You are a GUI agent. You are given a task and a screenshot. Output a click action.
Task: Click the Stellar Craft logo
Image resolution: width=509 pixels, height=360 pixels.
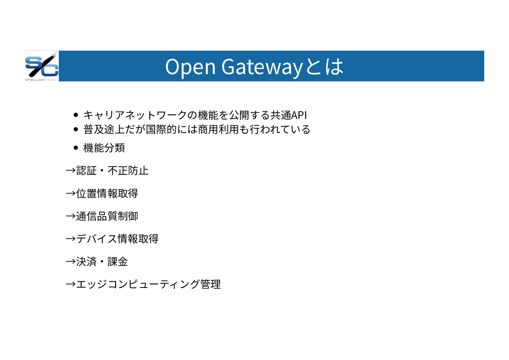pyautogui.click(x=42, y=66)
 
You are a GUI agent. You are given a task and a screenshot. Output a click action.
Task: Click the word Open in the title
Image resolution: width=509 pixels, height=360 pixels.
pyautogui.click(x=190, y=67)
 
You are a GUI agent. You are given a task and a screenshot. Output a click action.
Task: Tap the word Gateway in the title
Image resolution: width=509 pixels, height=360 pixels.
pyautogui.click(x=262, y=67)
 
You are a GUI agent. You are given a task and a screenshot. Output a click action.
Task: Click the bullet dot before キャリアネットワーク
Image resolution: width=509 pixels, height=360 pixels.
pyautogui.click(x=76, y=115)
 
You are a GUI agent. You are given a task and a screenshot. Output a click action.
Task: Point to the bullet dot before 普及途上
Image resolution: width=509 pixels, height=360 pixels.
pyautogui.click(x=76, y=129)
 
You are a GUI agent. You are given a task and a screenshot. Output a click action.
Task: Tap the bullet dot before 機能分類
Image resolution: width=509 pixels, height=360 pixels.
pyautogui.click(x=76, y=148)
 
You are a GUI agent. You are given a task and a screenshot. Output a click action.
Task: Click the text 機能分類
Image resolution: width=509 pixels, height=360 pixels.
pyautogui.click(x=104, y=148)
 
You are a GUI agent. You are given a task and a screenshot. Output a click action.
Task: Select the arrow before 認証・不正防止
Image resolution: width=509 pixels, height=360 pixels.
pyautogui.click(x=70, y=171)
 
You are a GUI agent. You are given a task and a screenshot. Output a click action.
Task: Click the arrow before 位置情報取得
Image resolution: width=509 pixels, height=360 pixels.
pyautogui.click(x=70, y=193)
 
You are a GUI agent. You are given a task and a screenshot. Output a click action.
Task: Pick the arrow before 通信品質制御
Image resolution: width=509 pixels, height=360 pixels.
pyautogui.click(x=70, y=216)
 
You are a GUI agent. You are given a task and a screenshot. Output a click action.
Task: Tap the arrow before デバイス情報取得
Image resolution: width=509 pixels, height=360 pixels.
pyautogui.click(x=70, y=239)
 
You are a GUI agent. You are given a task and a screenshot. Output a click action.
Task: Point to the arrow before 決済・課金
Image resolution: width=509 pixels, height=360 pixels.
pyautogui.click(x=70, y=261)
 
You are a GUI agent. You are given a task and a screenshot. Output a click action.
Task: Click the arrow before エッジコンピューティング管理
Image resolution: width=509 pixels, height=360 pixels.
pyautogui.click(x=70, y=284)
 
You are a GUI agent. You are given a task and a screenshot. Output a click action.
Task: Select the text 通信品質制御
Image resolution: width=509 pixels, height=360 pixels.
pyautogui.click(x=107, y=216)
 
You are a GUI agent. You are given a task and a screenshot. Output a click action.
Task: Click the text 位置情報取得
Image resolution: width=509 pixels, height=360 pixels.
pyautogui.click(x=107, y=193)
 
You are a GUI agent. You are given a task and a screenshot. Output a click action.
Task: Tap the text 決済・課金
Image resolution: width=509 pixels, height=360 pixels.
pyautogui.click(x=102, y=261)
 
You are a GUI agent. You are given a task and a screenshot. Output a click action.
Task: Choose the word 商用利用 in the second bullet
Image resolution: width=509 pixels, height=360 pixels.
pyautogui.click(x=218, y=129)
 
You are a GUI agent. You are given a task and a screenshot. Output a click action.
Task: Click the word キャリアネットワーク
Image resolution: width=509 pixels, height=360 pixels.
pyautogui.click(x=135, y=115)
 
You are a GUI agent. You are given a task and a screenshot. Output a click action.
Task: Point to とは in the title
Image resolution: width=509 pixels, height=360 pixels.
pyautogui.click(x=324, y=67)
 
